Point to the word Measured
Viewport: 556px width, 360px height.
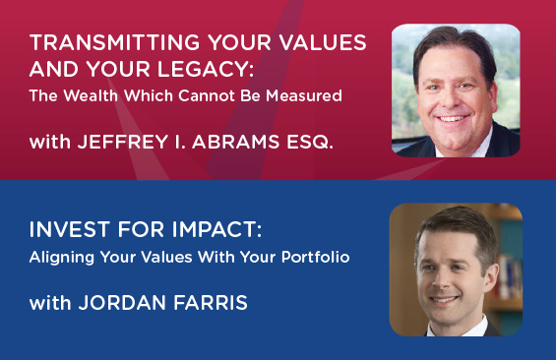pyautogui.click(x=304, y=95)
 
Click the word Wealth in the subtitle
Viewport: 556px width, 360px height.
pyautogui.click(x=91, y=95)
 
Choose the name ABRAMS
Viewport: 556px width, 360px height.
pyautogui.click(x=236, y=142)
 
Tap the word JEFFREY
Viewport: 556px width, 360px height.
pyautogui.click(x=123, y=142)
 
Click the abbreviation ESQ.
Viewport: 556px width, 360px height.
pyautogui.click(x=310, y=143)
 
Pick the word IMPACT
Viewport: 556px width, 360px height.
pyautogui.click(x=216, y=229)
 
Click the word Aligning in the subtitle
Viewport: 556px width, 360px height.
pyautogui.click(x=62, y=258)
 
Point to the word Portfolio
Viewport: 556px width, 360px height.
pyautogui.click(x=316, y=257)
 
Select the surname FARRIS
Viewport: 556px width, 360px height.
pyautogui.click(x=211, y=303)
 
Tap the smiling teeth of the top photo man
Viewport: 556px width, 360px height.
pyautogui.click(x=452, y=118)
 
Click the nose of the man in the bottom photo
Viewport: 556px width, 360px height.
pyautogui.click(x=442, y=280)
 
